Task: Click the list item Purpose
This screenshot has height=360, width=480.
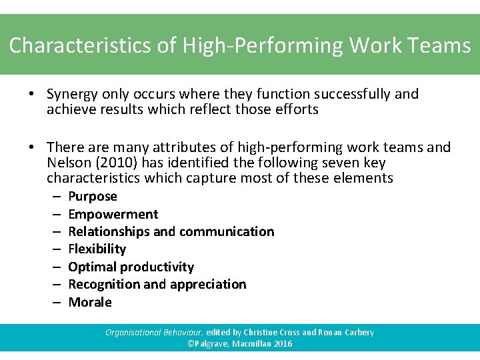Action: pyautogui.click(x=93, y=196)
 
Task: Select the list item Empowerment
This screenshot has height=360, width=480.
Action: pyautogui.click(x=113, y=214)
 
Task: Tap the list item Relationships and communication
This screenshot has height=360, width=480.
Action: pyautogui.click(x=171, y=231)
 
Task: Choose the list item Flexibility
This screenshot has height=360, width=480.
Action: pyautogui.click(x=97, y=249)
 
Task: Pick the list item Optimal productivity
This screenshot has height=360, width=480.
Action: pyautogui.click(x=131, y=267)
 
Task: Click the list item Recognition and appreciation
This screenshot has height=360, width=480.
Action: pyautogui.click(x=157, y=284)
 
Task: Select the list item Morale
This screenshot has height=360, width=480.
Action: pyautogui.click(x=90, y=302)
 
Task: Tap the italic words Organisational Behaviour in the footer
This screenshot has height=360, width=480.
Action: pyautogui.click(x=153, y=332)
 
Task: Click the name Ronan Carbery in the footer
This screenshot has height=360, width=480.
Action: pyautogui.click(x=347, y=332)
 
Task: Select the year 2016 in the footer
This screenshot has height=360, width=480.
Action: pyautogui.click(x=281, y=344)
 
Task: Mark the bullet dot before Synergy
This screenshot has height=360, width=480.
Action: pyautogui.click(x=32, y=94)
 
